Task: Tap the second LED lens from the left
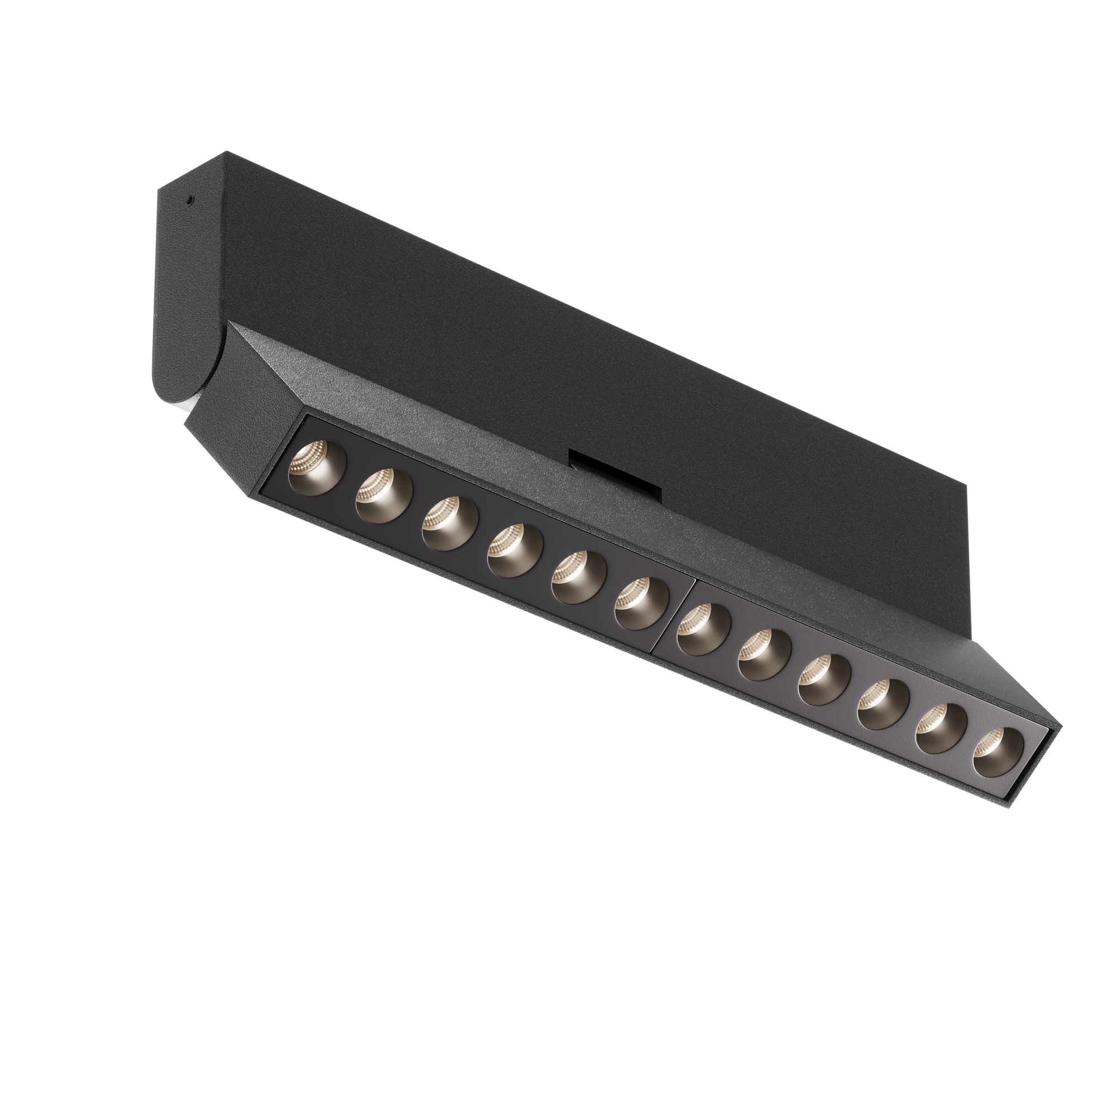pos(383,495)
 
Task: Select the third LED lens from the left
pos(449,523)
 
